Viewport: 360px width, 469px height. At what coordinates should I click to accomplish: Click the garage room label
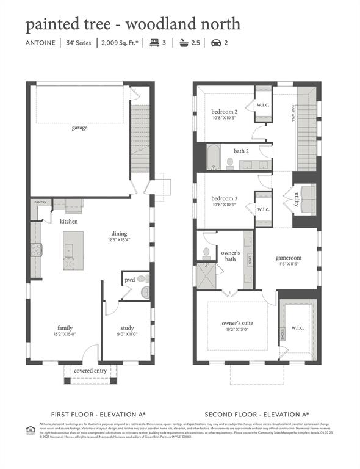[x=79, y=128]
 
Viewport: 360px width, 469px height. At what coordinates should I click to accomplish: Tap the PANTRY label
[x=40, y=202]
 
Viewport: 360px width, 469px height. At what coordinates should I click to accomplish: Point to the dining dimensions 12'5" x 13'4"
[x=120, y=239]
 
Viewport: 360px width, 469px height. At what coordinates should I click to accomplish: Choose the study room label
[x=127, y=328]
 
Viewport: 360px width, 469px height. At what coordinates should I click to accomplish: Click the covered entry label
[x=90, y=371]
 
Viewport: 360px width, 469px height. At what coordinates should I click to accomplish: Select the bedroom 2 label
[x=225, y=112]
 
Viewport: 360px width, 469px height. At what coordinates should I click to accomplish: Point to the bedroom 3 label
[x=225, y=198]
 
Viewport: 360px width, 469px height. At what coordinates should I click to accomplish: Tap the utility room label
[x=297, y=200]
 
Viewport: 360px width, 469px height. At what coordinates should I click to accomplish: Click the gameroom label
[x=289, y=258]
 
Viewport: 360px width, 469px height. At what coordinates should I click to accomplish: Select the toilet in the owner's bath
[x=207, y=252]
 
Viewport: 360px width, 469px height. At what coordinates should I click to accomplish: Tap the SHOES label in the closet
[x=282, y=333]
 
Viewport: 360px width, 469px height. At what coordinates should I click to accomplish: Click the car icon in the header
[x=215, y=43]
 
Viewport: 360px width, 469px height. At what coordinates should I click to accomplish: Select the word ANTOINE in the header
[x=40, y=43]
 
